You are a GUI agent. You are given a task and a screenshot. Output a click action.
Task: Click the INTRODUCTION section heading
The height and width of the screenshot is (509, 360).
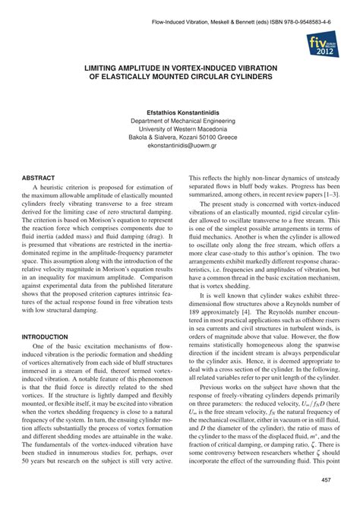(48, 335)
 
